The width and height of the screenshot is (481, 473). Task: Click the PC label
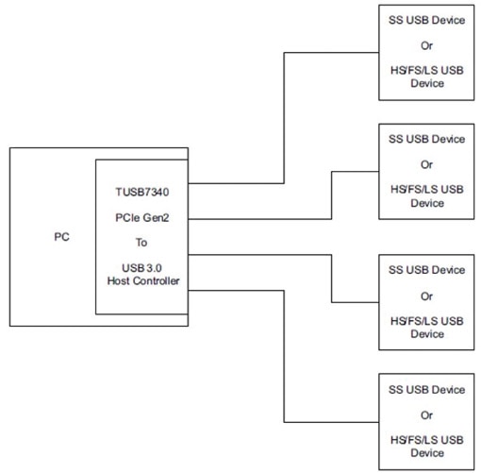point(60,237)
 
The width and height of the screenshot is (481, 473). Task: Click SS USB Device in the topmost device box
point(426,20)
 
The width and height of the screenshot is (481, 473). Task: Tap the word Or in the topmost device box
point(426,45)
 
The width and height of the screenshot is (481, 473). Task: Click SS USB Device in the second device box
point(426,139)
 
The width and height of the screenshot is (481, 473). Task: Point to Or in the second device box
point(426,164)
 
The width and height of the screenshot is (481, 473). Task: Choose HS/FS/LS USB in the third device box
point(426,321)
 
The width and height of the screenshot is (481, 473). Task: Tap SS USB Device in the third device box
point(426,270)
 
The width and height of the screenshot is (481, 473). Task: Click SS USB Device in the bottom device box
point(426,389)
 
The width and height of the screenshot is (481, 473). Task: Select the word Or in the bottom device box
point(426,414)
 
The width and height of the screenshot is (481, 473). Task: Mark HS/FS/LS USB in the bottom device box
point(426,440)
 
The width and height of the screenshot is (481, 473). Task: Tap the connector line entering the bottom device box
point(330,420)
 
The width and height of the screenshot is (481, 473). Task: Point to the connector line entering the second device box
point(354,171)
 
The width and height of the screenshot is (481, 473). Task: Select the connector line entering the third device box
point(354,302)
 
